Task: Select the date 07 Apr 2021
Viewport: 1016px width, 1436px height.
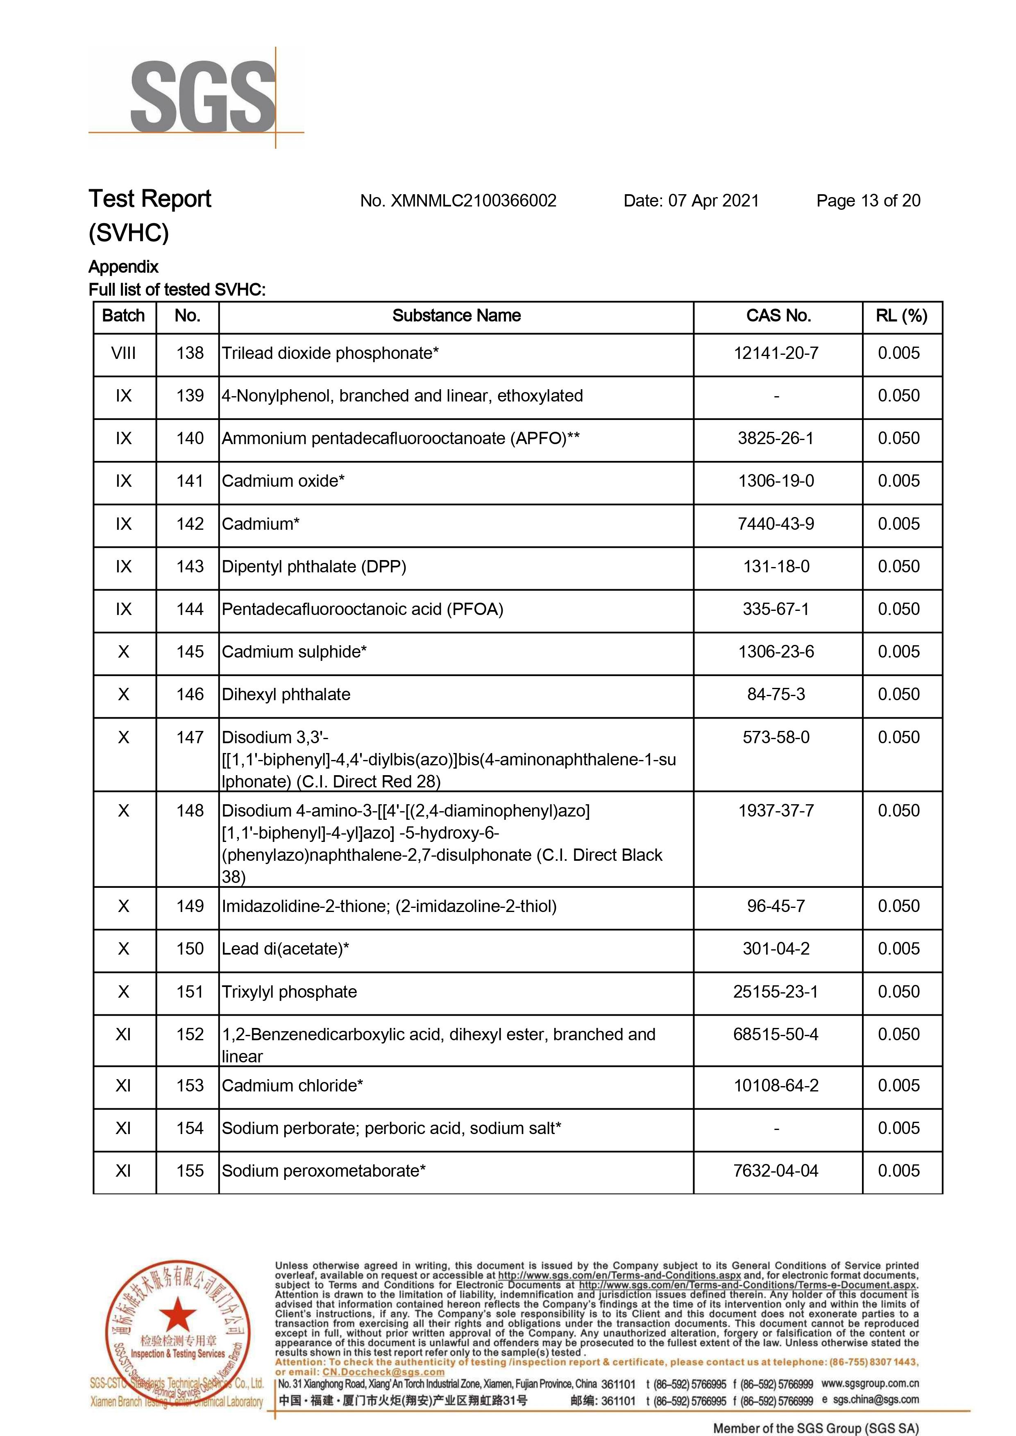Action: [x=713, y=201]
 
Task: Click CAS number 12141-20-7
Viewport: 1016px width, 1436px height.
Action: [x=776, y=354]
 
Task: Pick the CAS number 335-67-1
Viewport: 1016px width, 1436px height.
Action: [x=776, y=610]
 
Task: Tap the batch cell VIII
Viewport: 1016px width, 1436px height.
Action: [x=123, y=354]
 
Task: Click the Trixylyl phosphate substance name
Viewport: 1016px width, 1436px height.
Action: [x=289, y=992]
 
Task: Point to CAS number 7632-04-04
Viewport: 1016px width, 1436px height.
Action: [x=776, y=1171]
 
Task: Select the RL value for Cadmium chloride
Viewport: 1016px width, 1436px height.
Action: [x=898, y=1086]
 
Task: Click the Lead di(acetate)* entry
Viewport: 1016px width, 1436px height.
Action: [x=285, y=949]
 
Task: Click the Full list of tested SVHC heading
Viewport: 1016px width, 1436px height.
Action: [x=177, y=290]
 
